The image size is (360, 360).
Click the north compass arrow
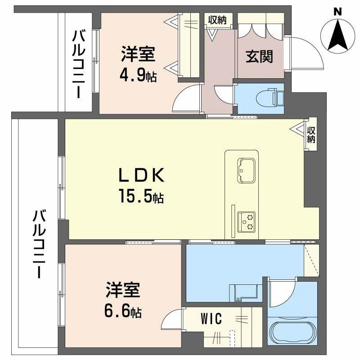(x=337, y=36)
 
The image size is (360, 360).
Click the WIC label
(x=211, y=319)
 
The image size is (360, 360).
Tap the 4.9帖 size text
(x=138, y=75)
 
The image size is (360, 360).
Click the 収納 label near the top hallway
(x=217, y=20)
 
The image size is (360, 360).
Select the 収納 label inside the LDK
(x=311, y=134)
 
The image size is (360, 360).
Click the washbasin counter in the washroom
(x=245, y=292)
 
